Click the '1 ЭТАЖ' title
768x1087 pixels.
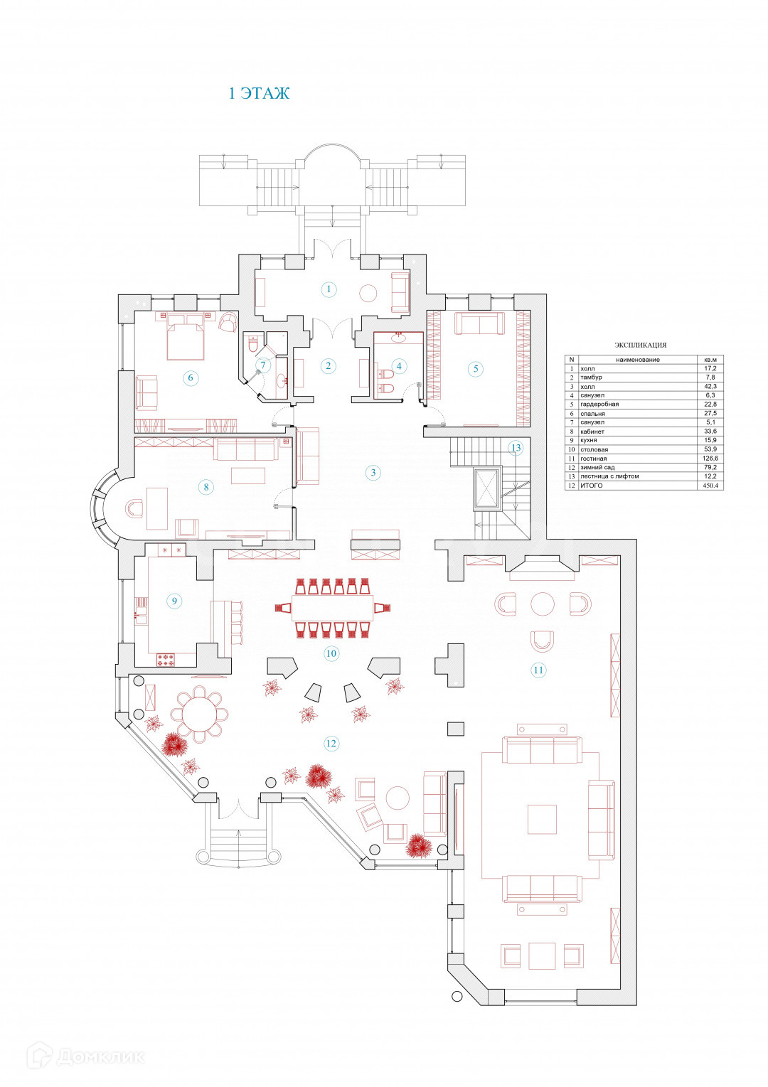click(259, 93)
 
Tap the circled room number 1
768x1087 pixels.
click(328, 289)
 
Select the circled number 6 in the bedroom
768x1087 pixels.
click(190, 377)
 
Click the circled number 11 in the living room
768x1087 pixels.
click(538, 670)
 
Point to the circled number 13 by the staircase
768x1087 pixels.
click(516, 448)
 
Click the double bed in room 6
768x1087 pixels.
click(186, 336)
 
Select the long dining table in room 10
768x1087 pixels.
click(333, 607)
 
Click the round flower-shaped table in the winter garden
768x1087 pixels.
click(199, 714)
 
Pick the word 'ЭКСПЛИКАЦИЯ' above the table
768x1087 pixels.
click(641, 345)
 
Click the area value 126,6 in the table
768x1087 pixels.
click(710, 459)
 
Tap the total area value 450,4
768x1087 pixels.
click(710, 486)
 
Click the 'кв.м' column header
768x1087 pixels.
click(710, 360)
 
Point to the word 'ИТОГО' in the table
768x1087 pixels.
click(592, 486)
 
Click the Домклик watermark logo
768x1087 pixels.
click(85, 1056)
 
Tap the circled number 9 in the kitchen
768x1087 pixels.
click(174, 601)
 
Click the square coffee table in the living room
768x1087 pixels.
click(542, 819)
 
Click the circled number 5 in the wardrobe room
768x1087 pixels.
click(476, 368)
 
